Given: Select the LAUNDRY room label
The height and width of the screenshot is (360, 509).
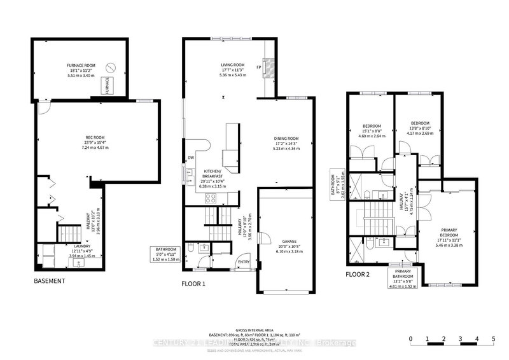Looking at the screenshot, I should pyautogui.click(x=81, y=246).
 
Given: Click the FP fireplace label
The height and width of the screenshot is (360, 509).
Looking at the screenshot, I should pyautogui.click(x=259, y=67).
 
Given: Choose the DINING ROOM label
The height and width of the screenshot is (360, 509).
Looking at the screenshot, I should pyautogui.click(x=286, y=138).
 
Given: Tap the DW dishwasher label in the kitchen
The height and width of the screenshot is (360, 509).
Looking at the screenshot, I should pyautogui.click(x=190, y=158).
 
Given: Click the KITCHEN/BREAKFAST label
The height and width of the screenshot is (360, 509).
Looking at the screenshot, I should pyautogui.click(x=213, y=172).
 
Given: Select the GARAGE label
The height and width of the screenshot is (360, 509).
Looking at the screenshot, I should pyautogui.click(x=289, y=242).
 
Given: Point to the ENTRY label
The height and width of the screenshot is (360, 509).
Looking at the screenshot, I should pyautogui.click(x=244, y=261).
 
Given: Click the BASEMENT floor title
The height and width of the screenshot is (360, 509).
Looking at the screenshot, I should pyautogui.click(x=50, y=280).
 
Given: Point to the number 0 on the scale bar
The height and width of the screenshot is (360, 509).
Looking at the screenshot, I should pyautogui.click(x=412, y=338).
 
